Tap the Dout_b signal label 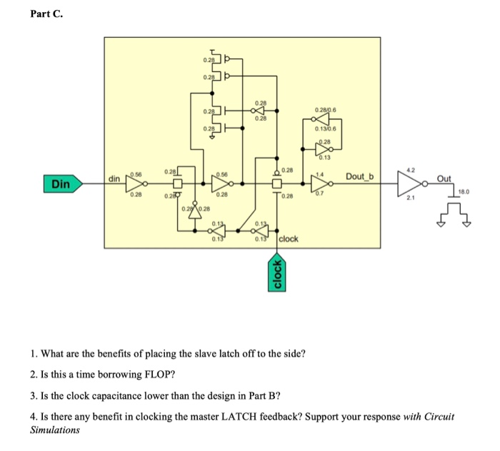coord(364,176)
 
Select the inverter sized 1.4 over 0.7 coord(318,183)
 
